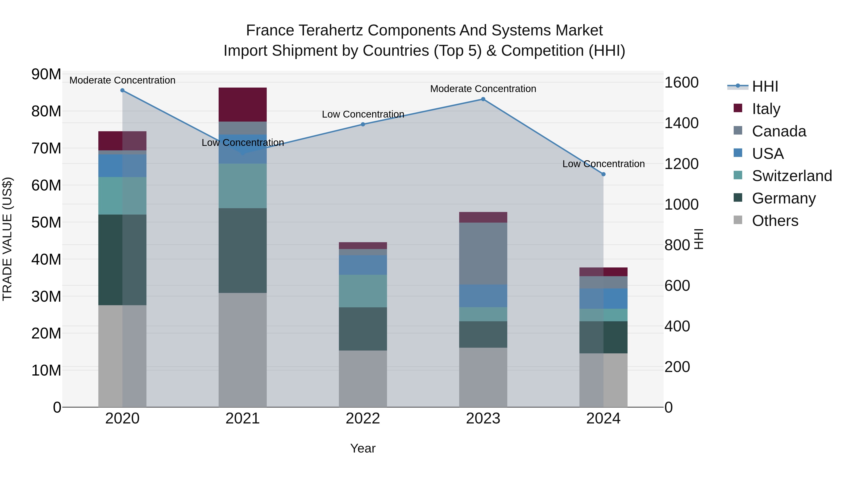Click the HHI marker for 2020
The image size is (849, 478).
pos(122,90)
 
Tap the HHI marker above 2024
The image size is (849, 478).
pos(603,174)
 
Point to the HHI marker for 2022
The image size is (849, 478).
pos(363,124)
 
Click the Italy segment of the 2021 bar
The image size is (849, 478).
pos(243,105)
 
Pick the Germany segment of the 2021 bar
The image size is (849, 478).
pos(243,250)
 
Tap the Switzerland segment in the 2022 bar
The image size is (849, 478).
pos(363,291)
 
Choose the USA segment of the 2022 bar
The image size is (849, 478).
pos(363,265)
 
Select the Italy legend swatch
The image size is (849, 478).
pos(738,108)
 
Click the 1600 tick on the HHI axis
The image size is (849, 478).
pos(681,82)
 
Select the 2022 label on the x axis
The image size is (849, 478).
pos(363,419)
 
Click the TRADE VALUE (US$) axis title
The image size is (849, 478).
pos(8,239)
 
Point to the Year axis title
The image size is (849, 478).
pos(363,448)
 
